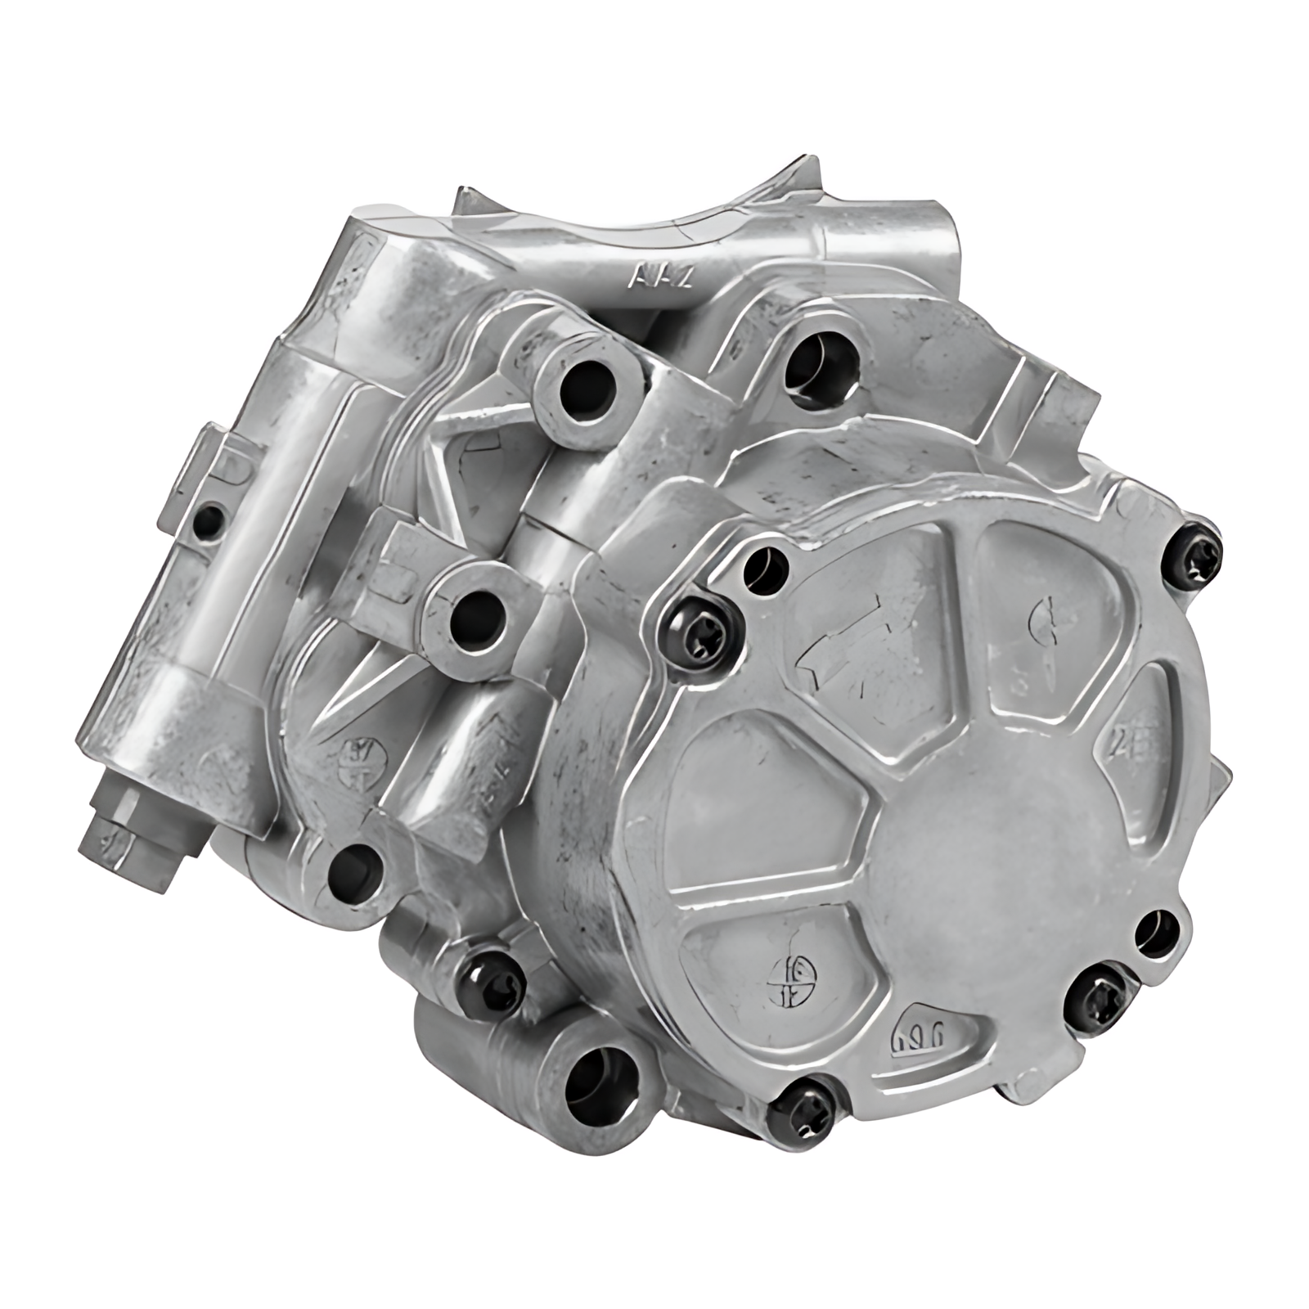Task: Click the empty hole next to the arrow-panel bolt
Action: pyautogui.click(x=765, y=563)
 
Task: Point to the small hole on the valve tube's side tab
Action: pyautogui.click(x=212, y=517)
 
